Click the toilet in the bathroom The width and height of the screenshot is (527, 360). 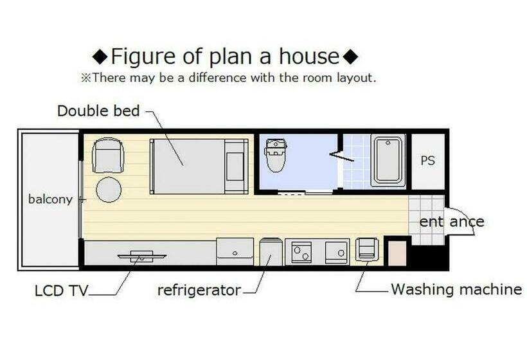coord(276,154)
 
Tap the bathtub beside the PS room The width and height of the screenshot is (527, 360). coord(388,161)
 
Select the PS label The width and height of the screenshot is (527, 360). coord(427,161)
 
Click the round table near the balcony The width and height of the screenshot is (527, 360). coord(109,190)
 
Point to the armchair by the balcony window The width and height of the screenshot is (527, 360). coord(108,155)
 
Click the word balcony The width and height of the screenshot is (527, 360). coord(50,199)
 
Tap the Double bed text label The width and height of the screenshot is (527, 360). coord(98,111)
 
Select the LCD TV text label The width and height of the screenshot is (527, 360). coord(61,291)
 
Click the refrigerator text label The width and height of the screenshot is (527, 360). coord(199,291)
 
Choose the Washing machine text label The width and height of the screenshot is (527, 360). coord(456,289)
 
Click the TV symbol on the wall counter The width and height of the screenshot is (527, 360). coord(142,256)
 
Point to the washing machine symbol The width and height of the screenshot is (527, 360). coord(367,249)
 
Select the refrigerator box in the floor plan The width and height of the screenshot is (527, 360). coord(271,252)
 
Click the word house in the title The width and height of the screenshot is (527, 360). coord(309,56)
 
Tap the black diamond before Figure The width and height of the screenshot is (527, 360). coord(100,57)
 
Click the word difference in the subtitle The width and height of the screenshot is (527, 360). coord(217,78)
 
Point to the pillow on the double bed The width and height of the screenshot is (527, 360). coord(235,166)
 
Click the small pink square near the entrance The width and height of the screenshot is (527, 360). coord(397,253)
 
